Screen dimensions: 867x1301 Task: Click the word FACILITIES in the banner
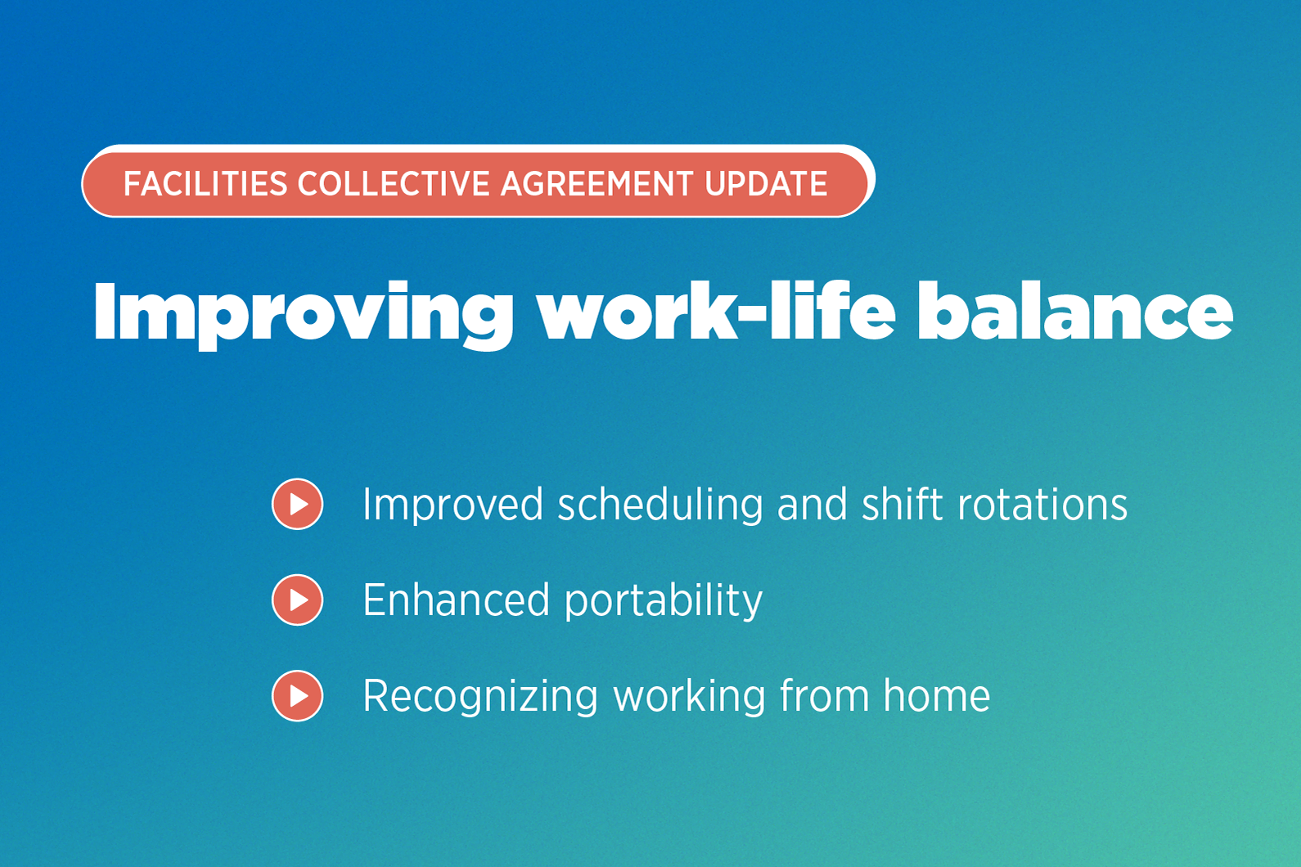pos(205,184)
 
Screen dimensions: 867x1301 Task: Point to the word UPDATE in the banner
pos(766,184)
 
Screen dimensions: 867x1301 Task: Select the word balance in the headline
pos(1074,312)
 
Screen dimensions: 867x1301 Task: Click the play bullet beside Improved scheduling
pos(298,504)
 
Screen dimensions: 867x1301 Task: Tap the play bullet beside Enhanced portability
pos(298,600)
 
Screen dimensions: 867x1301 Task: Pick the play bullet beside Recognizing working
pos(298,695)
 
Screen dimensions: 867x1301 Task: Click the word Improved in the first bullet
pos(452,505)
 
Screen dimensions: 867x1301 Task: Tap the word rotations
pos(1042,505)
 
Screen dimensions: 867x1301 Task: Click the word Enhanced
pos(456,600)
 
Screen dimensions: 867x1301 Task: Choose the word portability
pos(664,601)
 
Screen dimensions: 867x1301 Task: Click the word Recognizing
pos(480,697)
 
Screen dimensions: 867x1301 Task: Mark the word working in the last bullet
pos(689,697)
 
